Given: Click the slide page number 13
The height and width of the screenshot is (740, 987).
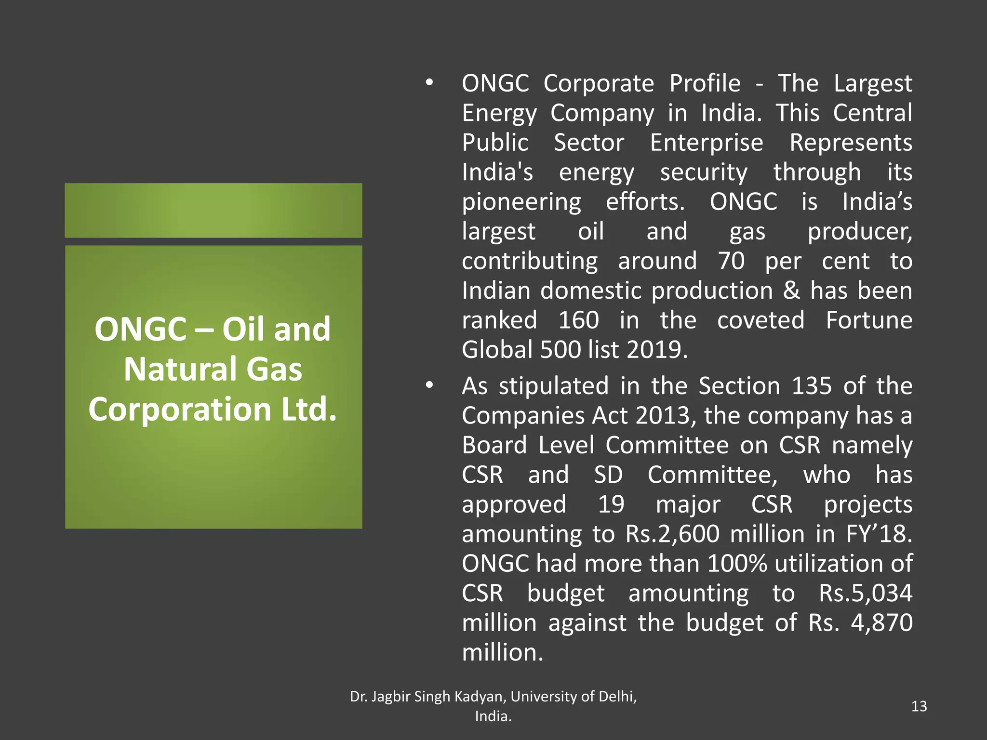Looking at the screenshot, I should click(919, 706).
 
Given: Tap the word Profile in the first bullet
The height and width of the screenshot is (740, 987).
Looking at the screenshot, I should click(705, 83).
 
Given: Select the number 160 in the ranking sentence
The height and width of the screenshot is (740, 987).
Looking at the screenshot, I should click(578, 320).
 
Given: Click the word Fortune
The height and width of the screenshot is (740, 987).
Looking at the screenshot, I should click(869, 320).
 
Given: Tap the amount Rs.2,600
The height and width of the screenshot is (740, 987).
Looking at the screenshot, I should click(672, 534).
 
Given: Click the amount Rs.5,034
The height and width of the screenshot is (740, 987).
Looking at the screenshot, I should click(866, 594).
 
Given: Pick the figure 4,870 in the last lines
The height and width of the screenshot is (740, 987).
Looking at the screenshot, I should click(881, 623).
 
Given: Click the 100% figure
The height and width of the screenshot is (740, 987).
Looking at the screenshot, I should click(737, 564).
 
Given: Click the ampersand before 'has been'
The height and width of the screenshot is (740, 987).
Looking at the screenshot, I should click(791, 291).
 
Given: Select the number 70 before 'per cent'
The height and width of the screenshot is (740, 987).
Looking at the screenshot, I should click(731, 261).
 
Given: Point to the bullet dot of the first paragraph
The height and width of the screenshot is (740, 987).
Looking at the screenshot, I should click(429, 83).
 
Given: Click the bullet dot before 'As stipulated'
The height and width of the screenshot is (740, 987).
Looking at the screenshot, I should click(429, 385).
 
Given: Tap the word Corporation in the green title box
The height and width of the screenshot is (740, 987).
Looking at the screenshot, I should click(180, 409).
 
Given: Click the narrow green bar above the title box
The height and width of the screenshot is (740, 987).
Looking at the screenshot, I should click(213, 210).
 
